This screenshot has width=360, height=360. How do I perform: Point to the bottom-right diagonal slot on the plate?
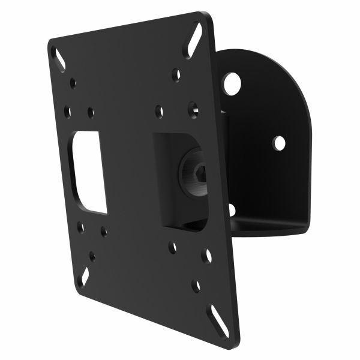pyautogui.click(x=214, y=313)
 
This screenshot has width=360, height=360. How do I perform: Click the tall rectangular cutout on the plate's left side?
pyautogui.click(x=89, y=172)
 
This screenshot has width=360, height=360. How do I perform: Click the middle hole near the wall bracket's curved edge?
pyautogui.click(x=278, y=142)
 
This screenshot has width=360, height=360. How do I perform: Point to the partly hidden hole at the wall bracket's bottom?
pyautogui.click(x=232, y=209)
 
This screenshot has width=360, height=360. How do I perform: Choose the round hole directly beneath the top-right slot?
pyautogui.click(x=176, y=76)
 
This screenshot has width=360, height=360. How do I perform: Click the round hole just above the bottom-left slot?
pyautogui.click(x=92, y=256)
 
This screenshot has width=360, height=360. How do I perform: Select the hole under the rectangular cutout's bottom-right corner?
pyautogui.click(x=104, y=231)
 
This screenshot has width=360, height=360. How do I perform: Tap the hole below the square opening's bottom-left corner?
pyautogui.click(x=172, y=246)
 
